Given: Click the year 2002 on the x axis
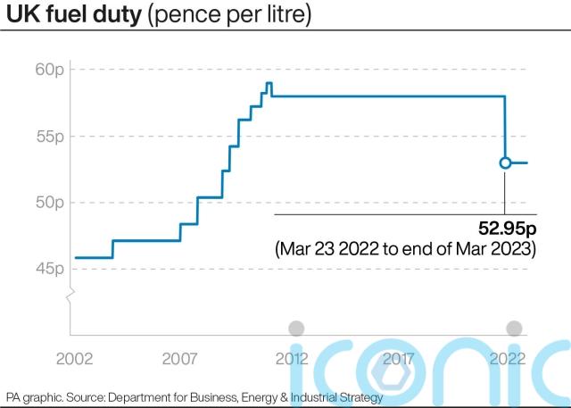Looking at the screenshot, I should click(75, 359).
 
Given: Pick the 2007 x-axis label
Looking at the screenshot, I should click(180, 359).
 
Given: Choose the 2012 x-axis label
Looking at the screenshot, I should click(292, 359).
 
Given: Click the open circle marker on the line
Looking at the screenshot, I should click(505, 162).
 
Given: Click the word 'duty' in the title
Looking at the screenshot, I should click(116, 16).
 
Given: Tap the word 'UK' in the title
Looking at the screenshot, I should click(21, 16).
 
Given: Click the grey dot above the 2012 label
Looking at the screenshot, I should click(296, 328).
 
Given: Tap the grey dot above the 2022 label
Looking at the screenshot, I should click(514, 328).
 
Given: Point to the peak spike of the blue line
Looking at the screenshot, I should click(269, 84).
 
